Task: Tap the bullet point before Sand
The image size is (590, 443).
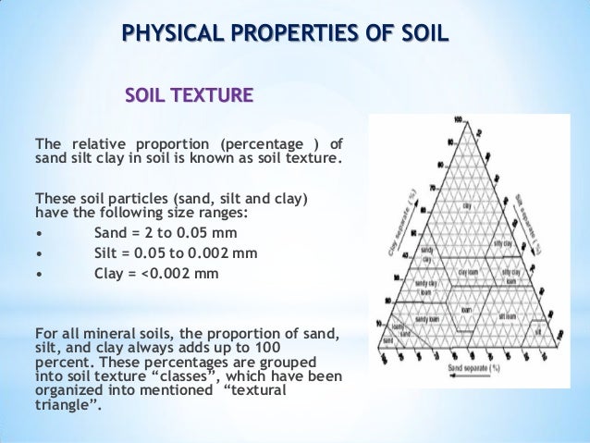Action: (37, 231)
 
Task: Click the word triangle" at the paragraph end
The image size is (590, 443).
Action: (69, 407)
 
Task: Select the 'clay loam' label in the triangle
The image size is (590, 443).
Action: (468, 274)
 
